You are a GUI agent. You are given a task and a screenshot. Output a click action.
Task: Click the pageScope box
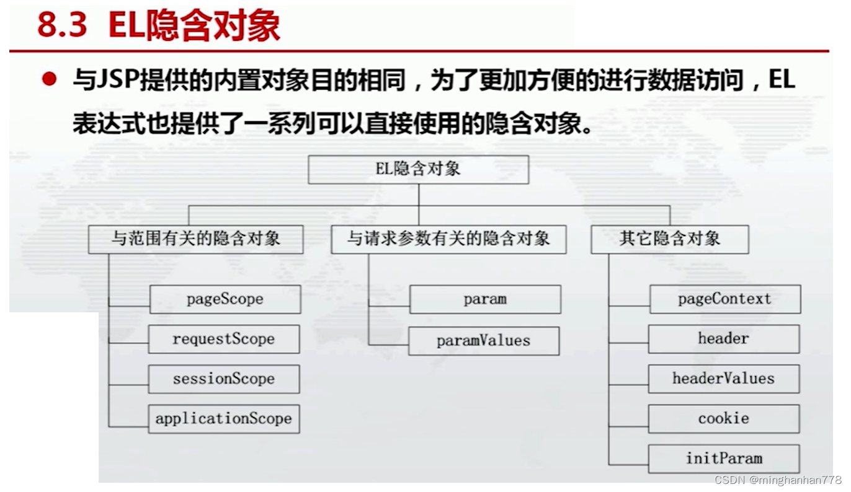225,299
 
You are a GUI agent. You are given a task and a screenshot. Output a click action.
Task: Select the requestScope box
224,339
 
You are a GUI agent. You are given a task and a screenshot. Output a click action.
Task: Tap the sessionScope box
224,379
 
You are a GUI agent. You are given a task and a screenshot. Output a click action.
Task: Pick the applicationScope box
224,419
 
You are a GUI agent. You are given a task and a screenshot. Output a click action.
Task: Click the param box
485,299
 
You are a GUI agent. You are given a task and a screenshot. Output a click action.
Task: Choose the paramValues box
484,341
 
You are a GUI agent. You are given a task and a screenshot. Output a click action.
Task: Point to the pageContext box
724,299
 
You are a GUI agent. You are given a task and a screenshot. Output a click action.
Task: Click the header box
724,339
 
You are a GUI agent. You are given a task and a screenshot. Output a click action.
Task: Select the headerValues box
724,379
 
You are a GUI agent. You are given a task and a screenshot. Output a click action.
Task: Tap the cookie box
724,419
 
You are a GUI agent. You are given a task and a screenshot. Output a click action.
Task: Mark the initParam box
724,459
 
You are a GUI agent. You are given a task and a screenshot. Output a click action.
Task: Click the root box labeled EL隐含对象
418,169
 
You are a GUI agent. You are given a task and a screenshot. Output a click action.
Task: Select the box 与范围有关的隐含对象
196,239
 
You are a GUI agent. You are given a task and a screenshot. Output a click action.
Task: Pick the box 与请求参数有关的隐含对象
448,239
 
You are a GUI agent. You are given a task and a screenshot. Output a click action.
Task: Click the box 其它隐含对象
670,239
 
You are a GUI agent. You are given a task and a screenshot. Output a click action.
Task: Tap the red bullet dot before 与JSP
50,80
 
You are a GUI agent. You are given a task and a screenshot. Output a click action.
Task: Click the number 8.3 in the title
62,26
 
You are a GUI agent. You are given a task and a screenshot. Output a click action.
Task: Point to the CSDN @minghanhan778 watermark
778,480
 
